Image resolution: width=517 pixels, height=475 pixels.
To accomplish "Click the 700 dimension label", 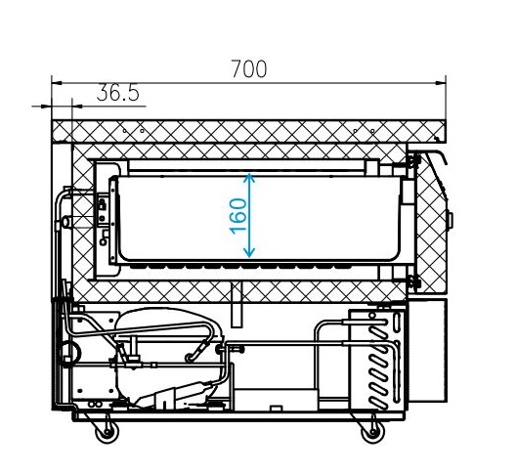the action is pos(248,68).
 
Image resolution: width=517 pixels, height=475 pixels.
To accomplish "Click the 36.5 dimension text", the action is pos(118,93).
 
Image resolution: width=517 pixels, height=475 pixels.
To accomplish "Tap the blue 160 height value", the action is pos(238,216).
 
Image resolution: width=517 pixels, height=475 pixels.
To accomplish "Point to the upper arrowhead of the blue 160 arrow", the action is pos(249,179).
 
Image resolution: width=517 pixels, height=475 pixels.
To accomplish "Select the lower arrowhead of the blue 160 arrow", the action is pos(249,252).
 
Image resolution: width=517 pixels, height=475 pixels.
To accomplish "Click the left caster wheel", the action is pos(107,431).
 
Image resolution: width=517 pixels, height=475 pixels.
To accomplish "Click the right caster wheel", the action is pos(373,431).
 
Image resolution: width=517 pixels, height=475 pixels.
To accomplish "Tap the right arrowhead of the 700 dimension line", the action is pos(441,83).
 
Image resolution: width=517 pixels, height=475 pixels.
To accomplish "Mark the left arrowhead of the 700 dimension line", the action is pos(57,83).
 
